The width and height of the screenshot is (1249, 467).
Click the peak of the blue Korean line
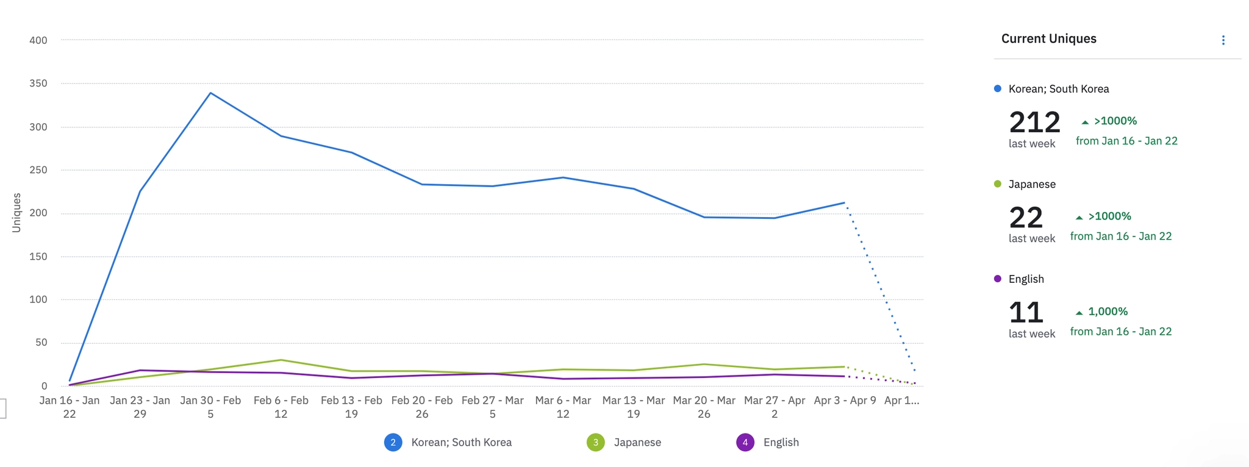coord(210,93)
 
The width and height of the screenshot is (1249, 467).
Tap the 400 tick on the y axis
coord(38,40)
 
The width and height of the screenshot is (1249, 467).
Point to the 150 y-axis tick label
coord(38,257)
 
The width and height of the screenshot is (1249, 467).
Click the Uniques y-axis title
coord(16,213)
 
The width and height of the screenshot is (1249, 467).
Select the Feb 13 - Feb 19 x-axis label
coord(351,407)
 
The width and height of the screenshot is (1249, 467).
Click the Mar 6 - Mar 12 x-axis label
coord(563,407)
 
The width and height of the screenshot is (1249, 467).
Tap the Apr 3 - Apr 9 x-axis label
coord(845,401)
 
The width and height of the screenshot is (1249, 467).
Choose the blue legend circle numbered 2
coord(393,442)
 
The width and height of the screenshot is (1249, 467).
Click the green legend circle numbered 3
coord(596,442)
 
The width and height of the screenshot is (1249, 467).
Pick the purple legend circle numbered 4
coord(745,442)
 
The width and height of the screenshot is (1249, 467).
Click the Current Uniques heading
coord(1048,38)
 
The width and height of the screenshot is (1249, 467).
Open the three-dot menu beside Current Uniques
coord(1223,40)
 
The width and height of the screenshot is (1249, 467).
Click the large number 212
coord(1034,123)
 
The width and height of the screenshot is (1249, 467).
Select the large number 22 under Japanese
coord(1026,218)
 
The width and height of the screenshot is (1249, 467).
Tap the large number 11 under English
coord(1026,313)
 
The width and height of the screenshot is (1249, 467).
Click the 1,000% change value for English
coord(1108,312)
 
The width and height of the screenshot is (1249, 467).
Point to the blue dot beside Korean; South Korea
coord(998,89)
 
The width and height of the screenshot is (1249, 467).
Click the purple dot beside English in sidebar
coord(998,279)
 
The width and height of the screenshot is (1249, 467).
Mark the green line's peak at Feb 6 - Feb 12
coord(281,360)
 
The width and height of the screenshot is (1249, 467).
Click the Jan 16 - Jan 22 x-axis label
coord(70,407)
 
